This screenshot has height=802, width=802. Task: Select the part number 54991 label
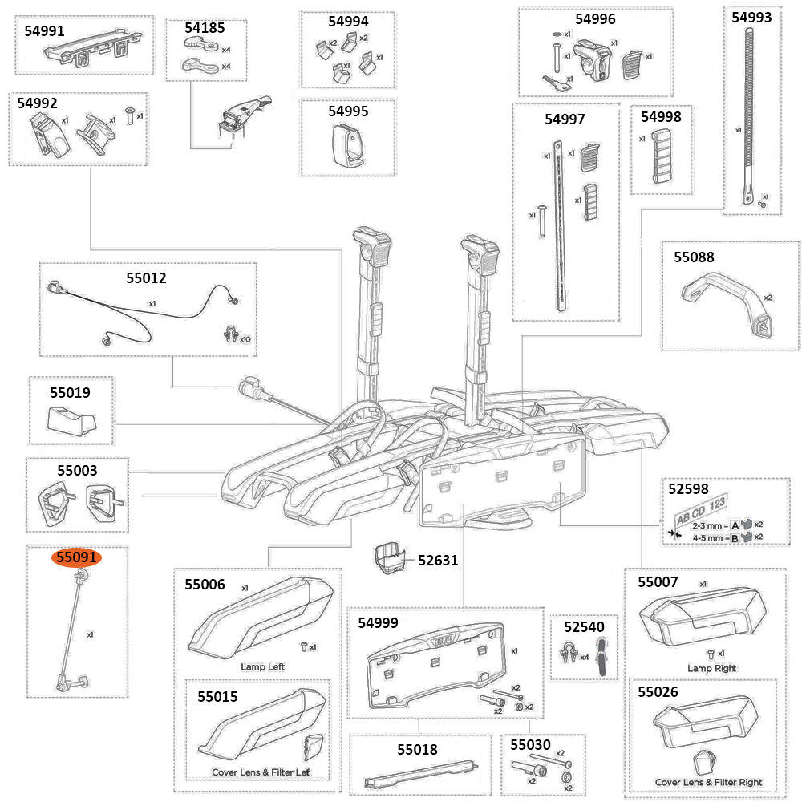(x=45, y=30)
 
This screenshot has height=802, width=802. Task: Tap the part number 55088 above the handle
(x=694, y=257)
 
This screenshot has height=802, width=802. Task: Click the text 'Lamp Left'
(x=262, y=666)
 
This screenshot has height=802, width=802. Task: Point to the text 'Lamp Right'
(x=711, y=668)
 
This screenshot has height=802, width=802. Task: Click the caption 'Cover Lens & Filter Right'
(x=708, y=782)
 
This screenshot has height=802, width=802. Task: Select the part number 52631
(x=438, y=560)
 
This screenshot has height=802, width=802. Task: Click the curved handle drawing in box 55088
(x=726, y=304)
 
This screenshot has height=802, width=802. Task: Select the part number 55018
(x=417, y=750)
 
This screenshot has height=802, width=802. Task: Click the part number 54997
(x=565, y=119)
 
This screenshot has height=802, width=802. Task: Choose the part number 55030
(x=530, y=745)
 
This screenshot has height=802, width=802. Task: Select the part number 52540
(x=583, y=626)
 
